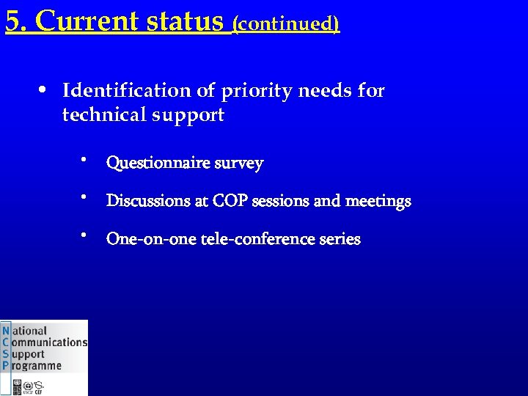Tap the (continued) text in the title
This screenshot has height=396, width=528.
click(x=285, y=24)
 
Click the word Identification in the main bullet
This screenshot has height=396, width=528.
click(x=126, y=91)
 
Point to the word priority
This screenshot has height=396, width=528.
click(x=248, y=91)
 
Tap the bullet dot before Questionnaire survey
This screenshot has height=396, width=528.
click(x=85, y=159)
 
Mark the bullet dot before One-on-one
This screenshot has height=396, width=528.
click(x=85, y=235)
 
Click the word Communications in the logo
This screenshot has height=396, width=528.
click(x=49, y=342)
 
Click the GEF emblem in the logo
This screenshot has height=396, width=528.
click(x=40, y=386)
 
